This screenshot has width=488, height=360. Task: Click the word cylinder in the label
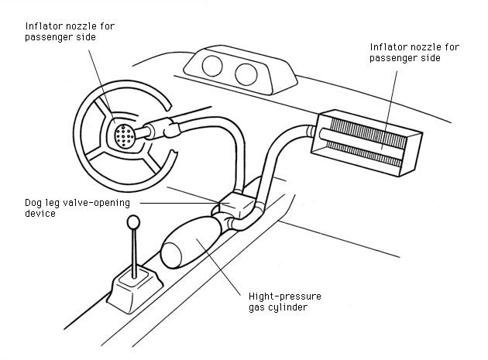[x=294, y=307]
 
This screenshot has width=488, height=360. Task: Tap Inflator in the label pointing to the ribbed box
[x=386, y=47]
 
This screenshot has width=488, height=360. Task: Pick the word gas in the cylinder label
[x=259, y=307]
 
